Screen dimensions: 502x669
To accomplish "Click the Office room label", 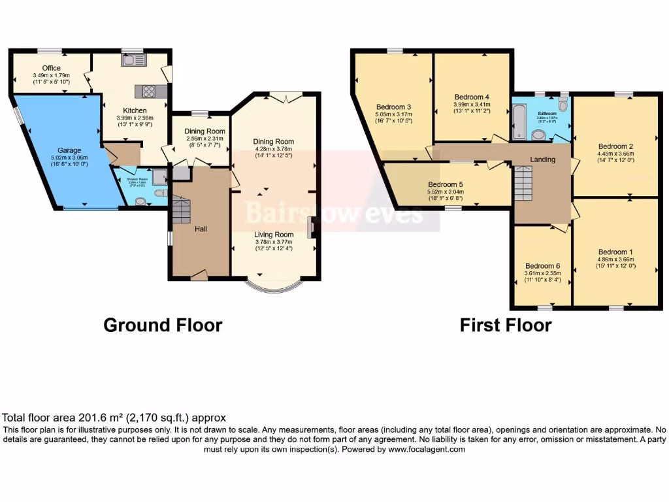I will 52,68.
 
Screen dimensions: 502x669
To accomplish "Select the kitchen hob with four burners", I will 144,92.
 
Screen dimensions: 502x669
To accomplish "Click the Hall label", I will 201,229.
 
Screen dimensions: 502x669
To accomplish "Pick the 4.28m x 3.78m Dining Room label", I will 274,141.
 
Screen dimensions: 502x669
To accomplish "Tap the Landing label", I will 542,159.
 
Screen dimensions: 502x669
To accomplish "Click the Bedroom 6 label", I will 542,266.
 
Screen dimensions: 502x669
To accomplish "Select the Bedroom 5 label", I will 445,184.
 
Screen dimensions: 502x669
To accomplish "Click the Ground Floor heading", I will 163,325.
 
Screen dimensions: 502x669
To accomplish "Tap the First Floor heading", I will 505,325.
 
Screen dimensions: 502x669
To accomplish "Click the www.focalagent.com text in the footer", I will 426,449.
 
